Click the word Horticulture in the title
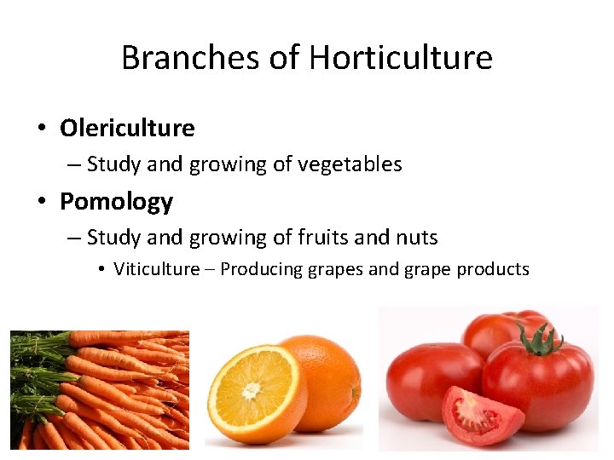point(401,58)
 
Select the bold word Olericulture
point(127,129)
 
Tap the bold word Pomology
point(116,202)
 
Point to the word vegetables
point(350,164)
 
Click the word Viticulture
point(163,269)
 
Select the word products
point(493,269)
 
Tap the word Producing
point(260,269)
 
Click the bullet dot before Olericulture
point(41,129)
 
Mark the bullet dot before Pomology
point(41,203)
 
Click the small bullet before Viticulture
point(101,270)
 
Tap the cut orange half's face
point(254,390)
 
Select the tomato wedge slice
point(483,416)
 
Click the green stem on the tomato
point(538,341)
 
